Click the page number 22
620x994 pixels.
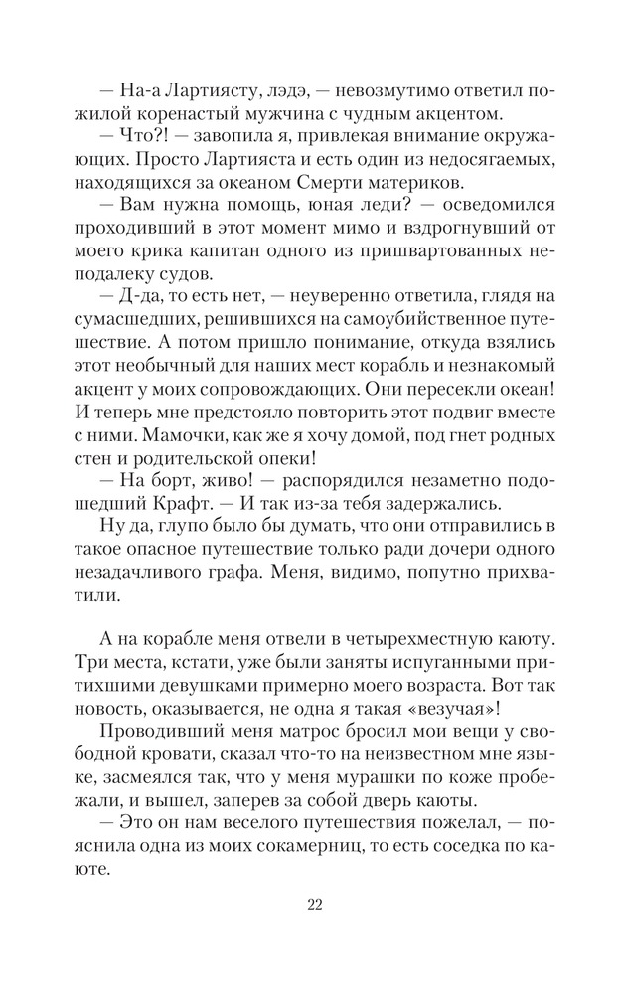310,904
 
